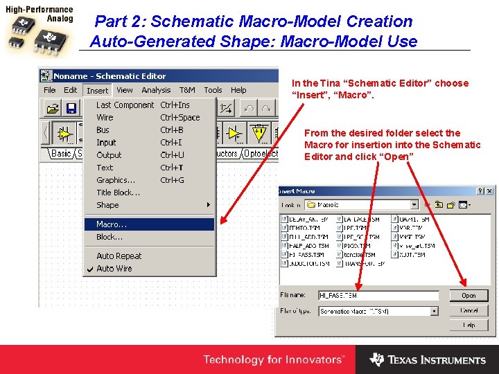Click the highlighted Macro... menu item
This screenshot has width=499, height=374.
pyautogui.click(x=112, y=224)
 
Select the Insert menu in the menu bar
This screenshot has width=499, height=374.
pyautogui.click(x=97, y=90)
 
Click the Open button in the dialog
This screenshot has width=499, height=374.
pyautogui.click(x=469, y=296)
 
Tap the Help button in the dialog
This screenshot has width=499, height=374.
pyautogui.click(x=469, y=325)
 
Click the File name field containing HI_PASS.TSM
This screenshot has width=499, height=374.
pyautogui.click(x=378, y=296)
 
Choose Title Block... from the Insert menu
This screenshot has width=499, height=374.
pyautogui.click(x=119, y=193)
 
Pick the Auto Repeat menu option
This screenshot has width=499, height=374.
pyautogui.click(x=119, y=256)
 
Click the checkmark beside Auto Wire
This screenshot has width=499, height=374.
pyautogui.click(x=89, y=269)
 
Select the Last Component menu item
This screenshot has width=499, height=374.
pyautogui.click(x=125, y=105)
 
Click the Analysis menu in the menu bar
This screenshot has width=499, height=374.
pyautogui.click(x=156, y=90)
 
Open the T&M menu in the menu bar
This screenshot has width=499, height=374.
pyautogui.click(x=187, y=90)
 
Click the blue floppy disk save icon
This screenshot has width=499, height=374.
pyautogui.click(x=71, y=108)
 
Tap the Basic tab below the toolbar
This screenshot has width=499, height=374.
pyautogui.click(x=62, y=153)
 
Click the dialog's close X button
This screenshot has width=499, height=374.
pyautogui.click(x=490, y=191)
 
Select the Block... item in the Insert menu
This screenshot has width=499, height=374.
pyautogui.click(x=110, y=237)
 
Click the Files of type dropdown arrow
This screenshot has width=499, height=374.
pyautogui.click(x=435, y=312)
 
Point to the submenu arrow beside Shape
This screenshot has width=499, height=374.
pyautogui.click(x=209, y=205)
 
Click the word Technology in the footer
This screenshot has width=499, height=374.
pyautogui.click(x=231, y=360)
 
